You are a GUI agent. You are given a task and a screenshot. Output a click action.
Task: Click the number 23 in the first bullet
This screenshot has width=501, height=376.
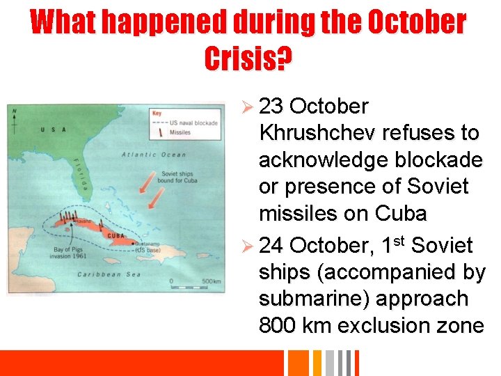pos(272,107)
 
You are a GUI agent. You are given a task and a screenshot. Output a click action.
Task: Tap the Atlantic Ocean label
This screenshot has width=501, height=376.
pos(154,155)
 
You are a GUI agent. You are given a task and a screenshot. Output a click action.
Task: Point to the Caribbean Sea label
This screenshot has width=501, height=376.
pos(109,274)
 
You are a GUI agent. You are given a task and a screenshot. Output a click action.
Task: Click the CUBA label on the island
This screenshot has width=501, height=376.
pos(115,235)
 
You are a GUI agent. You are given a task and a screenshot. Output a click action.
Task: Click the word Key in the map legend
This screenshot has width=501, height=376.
pos(157,112)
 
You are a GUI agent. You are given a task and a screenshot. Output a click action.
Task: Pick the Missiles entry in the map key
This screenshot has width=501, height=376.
pos(180,132)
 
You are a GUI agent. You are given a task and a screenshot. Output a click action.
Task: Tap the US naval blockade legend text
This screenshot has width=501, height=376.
pos(194,123)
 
